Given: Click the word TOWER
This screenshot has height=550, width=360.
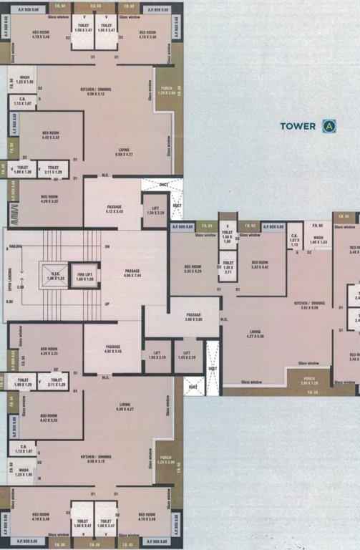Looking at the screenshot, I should click(x=298, y=126).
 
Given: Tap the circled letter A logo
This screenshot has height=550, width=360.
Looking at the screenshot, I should click(x=329, y=126).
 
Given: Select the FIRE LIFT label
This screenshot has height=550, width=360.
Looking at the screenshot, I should click(x=86, y=276).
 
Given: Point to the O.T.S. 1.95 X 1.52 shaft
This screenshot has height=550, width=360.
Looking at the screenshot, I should click(x=52, y=276).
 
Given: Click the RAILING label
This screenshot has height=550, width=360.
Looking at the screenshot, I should click(x=15, y=246).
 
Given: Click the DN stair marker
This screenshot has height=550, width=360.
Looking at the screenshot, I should click(x=107, y=247).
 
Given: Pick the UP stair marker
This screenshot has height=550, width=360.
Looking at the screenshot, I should click(x=107, y=304).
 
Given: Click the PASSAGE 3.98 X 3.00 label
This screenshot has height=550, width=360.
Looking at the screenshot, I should click(x=194, y=317).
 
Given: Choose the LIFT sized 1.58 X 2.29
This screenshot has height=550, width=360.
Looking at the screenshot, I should click(x=155, y=211).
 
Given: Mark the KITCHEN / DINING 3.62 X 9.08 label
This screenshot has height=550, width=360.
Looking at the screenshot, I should click(x=310, y=305).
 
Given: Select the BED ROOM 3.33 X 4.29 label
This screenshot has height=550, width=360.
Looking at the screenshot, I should click(x=193, y=269).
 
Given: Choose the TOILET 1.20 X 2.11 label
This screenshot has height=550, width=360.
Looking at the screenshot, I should click(x=228, y=268).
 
